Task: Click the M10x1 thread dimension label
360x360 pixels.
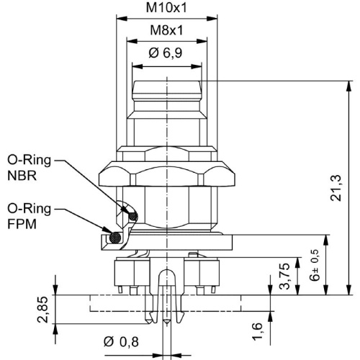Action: coord(166,8)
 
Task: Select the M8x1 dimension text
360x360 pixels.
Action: coord(166,30)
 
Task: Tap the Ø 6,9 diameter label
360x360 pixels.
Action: coord(166,53)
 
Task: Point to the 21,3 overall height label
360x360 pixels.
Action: coord(336,188)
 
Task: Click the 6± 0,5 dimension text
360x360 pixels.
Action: coord(315,265)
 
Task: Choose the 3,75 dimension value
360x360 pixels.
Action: coord(285,276)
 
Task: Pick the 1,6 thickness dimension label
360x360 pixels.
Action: coord(257,331)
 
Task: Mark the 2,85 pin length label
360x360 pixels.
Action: coord(42,310)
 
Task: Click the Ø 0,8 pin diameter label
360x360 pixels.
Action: coord(121,342)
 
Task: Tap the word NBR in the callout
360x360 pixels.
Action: coord(22,176)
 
